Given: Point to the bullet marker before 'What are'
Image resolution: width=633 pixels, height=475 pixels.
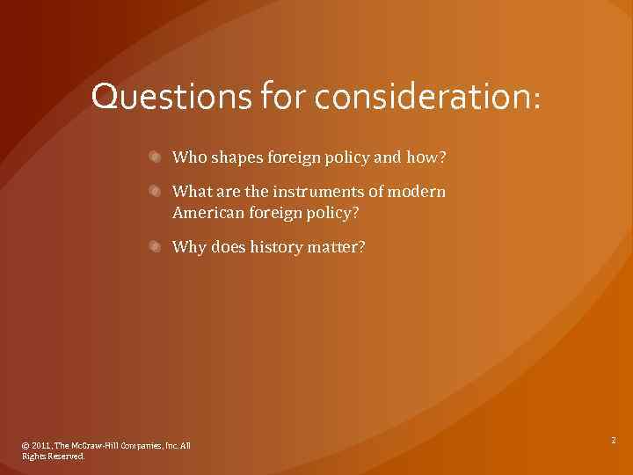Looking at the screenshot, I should (154, 191).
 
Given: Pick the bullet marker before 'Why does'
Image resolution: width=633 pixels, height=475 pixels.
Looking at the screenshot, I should (154, 247).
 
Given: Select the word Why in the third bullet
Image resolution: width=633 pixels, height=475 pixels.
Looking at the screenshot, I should (190, 248).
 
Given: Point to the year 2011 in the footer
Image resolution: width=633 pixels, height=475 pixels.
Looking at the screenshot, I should (40, 446).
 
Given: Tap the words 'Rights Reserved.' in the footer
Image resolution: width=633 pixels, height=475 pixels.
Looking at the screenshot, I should (54, 457).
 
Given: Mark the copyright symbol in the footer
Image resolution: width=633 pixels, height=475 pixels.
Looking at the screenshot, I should (25, 446).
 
